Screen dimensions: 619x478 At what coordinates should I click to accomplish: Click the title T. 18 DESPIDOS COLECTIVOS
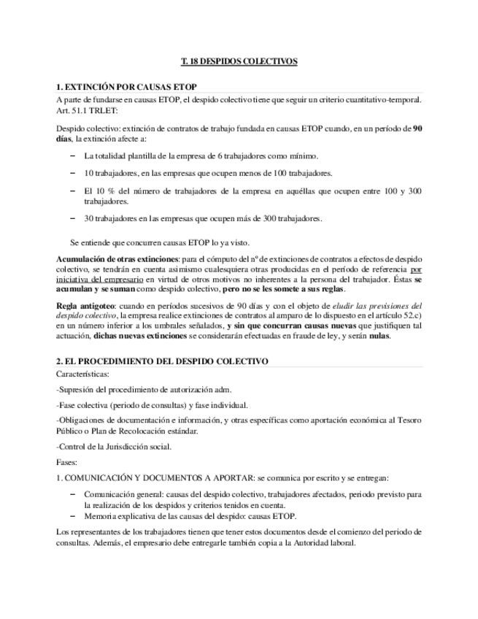click(x=239, y=61)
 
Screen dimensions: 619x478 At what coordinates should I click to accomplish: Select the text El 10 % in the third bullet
click(x=97, y=191)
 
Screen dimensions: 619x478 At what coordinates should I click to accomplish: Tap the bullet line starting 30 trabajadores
click(x=203, y=218)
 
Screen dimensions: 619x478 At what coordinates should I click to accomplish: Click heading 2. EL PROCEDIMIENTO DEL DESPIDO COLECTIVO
click(x=162, y=361)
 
